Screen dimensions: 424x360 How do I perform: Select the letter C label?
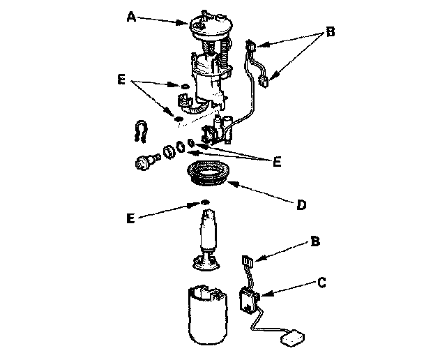click(x=321, y=283)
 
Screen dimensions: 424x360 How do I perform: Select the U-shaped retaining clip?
click(x=142, y=130)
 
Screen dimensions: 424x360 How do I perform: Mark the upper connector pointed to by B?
click(x=252, y=47)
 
